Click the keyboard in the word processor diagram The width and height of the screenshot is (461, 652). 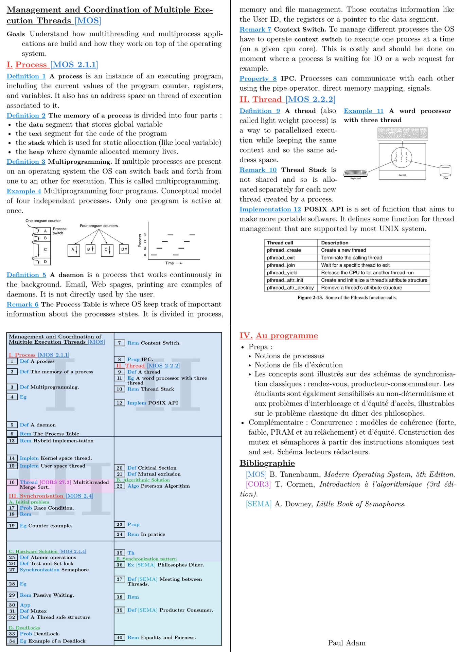pyautogui.click(x=355, y=173)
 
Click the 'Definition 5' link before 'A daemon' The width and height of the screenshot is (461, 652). pyautogui.click(x=26, y=275)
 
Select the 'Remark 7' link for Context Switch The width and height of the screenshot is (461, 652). pyautogui.click(x=255, y=30)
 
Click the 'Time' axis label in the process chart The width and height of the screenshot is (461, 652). pyautogui.click(x=170, y=263)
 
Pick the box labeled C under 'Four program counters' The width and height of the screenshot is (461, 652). pyautogui.click(x=107, y=250)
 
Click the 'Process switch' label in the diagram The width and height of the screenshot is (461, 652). pyautogui.click(x=59, y=231)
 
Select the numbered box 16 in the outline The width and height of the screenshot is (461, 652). pyautogui.click(x=12, y=482)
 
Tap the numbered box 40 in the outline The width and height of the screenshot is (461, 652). pyautogui.click(x=120, y=637)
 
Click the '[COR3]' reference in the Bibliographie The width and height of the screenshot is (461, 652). pyautogui.click(x=258, y=484)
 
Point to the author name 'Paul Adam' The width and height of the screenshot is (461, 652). pyautogui.click(x=347, y=642)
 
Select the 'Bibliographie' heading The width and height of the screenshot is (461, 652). pyautogui.click(x=267, y=463)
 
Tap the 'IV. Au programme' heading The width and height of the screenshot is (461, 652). pyautogui.click(x=279, y=336)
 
